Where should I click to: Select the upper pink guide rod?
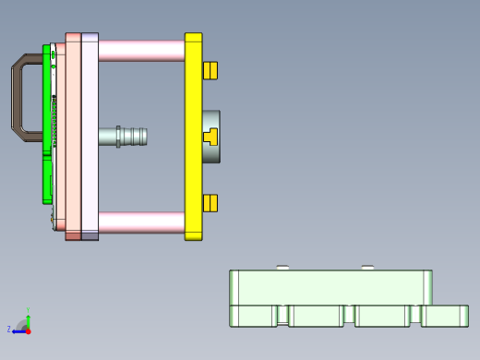[x=140, y=50]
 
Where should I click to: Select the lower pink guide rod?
[x=140, y=222]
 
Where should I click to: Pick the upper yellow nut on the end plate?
[x=210, y=71]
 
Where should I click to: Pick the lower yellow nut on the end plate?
[x=210, y=203]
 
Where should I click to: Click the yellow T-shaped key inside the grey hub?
[x=210, y=137]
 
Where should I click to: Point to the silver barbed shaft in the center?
[x=125, y=137]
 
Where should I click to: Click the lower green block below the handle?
[x=46, y=180]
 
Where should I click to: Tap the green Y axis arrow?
[x=28, y=317]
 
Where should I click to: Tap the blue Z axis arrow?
[x=18, y=330]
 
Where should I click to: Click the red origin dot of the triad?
[x=28, y=330]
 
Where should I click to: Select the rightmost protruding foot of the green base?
[x=445, y=316]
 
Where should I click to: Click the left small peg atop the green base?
[x=282, y=268]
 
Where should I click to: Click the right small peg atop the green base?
[x=367, y=268]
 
